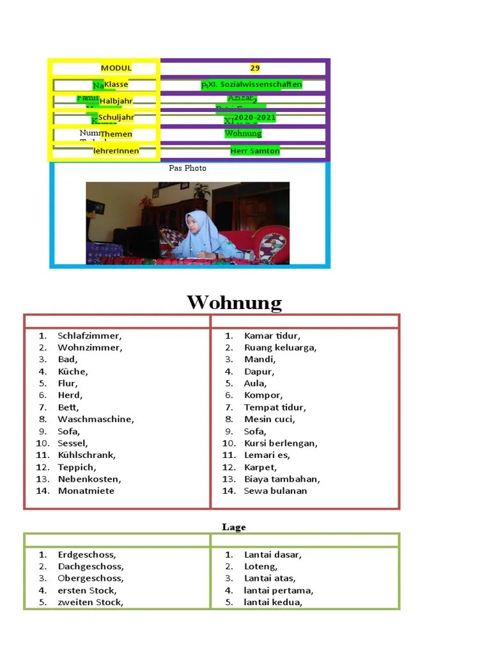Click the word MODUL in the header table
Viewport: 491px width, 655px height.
coord(116,68)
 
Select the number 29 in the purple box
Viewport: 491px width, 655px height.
coord(255,68)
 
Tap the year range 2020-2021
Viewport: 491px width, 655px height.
coord(254,118)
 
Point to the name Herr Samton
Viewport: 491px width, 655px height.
coord(255,151)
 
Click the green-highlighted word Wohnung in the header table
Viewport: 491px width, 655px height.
coord(243,134)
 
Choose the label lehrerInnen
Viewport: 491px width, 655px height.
coord(116,151)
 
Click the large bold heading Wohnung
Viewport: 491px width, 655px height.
coord(234,303)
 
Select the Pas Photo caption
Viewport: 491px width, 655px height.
coord(187,168)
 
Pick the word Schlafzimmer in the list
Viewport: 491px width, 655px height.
coord(90,336)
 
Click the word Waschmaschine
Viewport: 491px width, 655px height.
coord(95,420)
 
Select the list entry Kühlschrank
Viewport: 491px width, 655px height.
coord(87,455)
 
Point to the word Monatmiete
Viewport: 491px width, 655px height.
coord(86,491)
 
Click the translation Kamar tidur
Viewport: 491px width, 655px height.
coord(272,336)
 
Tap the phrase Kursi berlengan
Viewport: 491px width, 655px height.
coord(281,443)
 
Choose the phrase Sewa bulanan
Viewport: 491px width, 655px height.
coord(276,491)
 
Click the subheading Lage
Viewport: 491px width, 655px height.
coord(234,527)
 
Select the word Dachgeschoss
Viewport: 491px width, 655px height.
coord(91,567)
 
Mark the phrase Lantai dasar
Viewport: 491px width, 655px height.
coord(272,555)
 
